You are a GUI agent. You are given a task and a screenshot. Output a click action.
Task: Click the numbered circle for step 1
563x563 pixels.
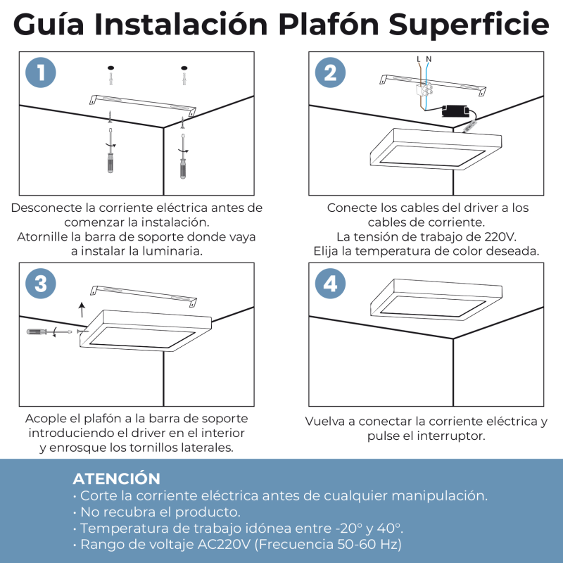(x=41, y=72)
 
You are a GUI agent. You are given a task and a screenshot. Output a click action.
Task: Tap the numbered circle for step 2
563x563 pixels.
(x=330, y=72)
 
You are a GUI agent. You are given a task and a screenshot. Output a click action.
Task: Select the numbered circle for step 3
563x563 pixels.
(x=41, y=284)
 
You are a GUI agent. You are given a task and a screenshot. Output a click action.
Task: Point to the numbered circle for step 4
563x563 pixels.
(x=330, y=284)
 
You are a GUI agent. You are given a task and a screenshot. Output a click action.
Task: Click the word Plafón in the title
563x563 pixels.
(x=329, y=24)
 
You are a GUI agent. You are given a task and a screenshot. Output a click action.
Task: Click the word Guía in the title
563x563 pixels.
(x=49, y=24)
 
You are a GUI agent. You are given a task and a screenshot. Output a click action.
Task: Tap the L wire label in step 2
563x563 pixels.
(x=419, y=59)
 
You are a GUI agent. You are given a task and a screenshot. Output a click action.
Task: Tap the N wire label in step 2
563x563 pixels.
(x=429, y=59)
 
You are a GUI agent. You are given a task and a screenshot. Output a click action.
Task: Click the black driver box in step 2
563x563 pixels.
(x=455, y=111)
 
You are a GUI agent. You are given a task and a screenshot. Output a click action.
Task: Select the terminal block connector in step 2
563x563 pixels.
(x=424, y=90)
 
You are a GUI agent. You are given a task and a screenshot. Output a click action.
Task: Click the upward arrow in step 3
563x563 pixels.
(x=82, y=310)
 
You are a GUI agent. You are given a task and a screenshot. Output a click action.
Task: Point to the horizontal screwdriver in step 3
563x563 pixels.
(x=49, y=331)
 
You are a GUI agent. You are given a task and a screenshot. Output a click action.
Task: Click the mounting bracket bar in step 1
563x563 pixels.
(x=143, y=105)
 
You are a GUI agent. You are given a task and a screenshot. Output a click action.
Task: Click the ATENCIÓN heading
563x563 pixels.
(x=116, y=479)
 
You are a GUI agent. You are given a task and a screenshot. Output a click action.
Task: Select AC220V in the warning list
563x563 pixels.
(x=224, y=544)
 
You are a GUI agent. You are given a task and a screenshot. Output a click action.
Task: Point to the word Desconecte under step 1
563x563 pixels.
(x=46, y=208)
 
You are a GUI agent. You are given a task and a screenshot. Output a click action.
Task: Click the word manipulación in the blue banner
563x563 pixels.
(x=439, y=496)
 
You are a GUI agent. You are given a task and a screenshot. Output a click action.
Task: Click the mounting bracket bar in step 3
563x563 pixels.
(x=144, y=296)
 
